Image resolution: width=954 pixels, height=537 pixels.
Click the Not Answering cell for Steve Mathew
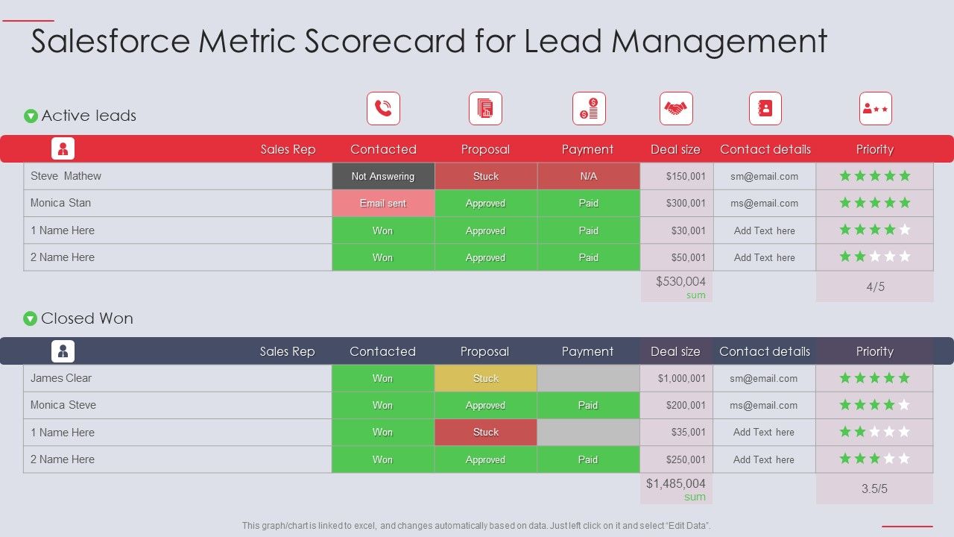[x=383, y=177]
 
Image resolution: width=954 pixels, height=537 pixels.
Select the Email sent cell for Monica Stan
[x=383, y=204]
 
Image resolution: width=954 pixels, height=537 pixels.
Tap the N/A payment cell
[x=588, y=177]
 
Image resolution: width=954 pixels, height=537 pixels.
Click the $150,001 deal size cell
[x=677, y=177]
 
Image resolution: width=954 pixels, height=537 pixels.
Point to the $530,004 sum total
[x=680, y=282]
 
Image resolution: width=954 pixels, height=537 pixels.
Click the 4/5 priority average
[x=875, y=287]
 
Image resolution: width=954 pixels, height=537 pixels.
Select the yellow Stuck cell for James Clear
[x=486, y=379]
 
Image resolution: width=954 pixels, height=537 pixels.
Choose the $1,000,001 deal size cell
[x=677, y=379]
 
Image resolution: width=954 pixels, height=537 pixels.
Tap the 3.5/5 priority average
[x=875, y=489]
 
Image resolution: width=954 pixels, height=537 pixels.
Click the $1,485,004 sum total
[x=676, y=484]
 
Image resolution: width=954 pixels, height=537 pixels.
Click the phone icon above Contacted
[x=383, y=109]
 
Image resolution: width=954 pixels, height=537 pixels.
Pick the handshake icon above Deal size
[x=676, y=109]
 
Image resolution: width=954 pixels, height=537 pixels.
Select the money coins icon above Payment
[x=589, y=109]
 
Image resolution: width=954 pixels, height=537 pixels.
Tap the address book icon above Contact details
[x=765, y=109]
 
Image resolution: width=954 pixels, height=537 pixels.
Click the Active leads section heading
[x=89, y=116]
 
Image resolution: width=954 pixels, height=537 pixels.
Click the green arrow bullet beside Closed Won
[x=31, y=319]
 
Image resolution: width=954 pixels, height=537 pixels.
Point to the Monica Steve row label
[x=63, y=406]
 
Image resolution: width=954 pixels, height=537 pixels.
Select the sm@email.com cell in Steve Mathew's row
[x=764, y=177]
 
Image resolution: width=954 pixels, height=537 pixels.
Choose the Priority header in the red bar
[x=875, y=150]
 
